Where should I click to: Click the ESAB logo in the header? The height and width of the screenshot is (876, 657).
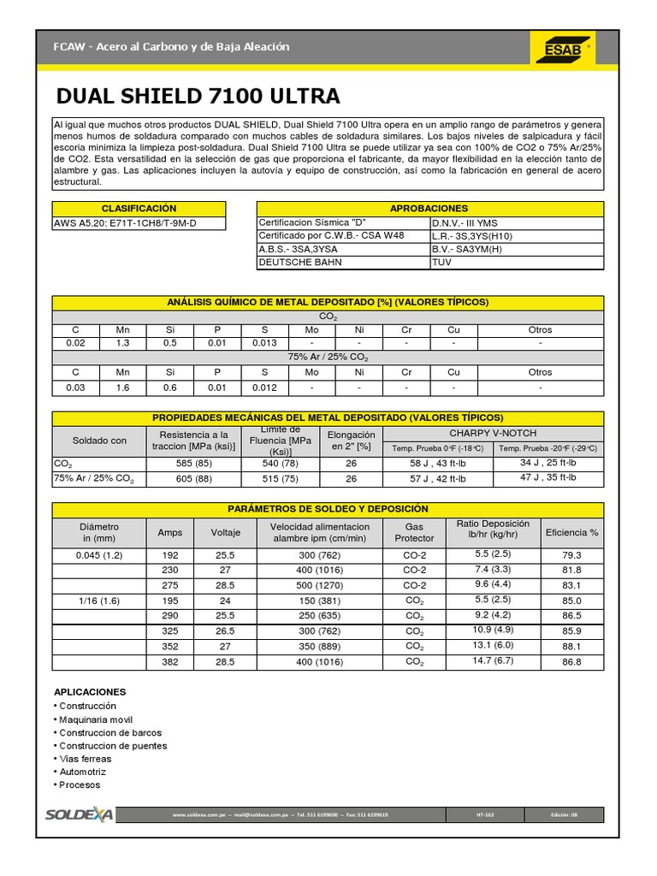click(x=562, y=48)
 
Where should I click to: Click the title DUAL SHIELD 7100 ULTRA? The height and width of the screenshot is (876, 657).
click(x=198, y=95)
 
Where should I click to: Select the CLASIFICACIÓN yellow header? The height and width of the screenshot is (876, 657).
click(x=139, y=209)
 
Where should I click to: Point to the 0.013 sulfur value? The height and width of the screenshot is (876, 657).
click(x=264, y=343)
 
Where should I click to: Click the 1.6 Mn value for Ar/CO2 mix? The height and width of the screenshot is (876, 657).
click(x=123, y=388)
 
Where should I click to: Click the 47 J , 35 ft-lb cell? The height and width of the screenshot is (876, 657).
click(x=548, y=478)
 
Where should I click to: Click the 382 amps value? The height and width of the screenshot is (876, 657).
click(x=169, y=661)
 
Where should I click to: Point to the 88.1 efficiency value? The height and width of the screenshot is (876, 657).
click(x=571, y=646)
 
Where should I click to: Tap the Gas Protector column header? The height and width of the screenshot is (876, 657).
click(x=414, y=532)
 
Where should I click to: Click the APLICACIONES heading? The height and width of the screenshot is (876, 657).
click(x=90, y=691)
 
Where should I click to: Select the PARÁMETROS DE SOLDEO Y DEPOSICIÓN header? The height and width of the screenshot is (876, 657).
click(x=328, y=509)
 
